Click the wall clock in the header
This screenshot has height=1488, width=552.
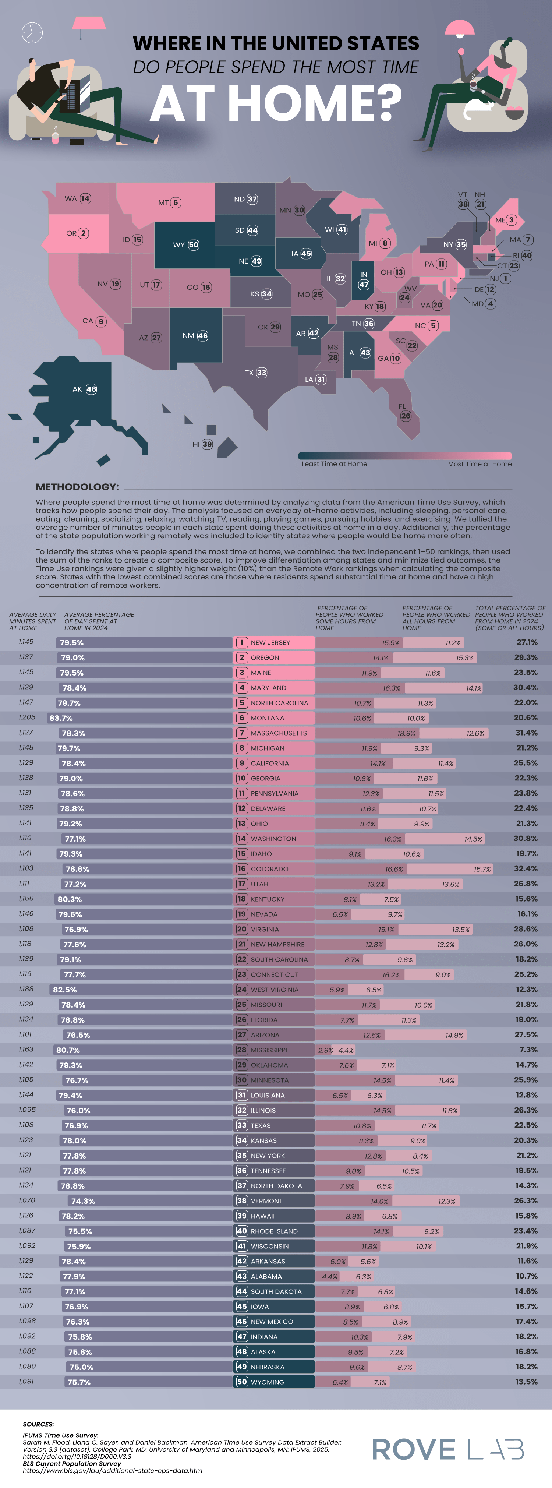[x=32, y=32]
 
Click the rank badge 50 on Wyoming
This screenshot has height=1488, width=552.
[x=194, y=245]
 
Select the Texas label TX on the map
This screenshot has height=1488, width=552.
[x=249, y=373]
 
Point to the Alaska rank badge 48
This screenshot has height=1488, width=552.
[x=91, y=389]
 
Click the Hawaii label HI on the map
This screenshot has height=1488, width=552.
[x=196, y=444]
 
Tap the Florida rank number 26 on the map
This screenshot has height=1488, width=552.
[x=406, y=416]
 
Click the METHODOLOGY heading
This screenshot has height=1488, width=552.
[x=77, y=487]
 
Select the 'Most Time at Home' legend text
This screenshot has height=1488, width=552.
[x=479, y=464]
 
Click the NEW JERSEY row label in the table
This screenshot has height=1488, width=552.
[x=270, y=642]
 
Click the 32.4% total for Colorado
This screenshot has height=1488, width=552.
[x=526, y=869]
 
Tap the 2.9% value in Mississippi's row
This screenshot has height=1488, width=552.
[x=325, y=1050]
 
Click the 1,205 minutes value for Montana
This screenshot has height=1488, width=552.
[x=26, y=717]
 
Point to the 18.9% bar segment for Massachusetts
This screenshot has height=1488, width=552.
[x=406, y=733]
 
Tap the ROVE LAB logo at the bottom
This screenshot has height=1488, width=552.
[x=448, y=1449]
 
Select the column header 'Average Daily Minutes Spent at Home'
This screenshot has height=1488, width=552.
[x=32, y=621]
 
